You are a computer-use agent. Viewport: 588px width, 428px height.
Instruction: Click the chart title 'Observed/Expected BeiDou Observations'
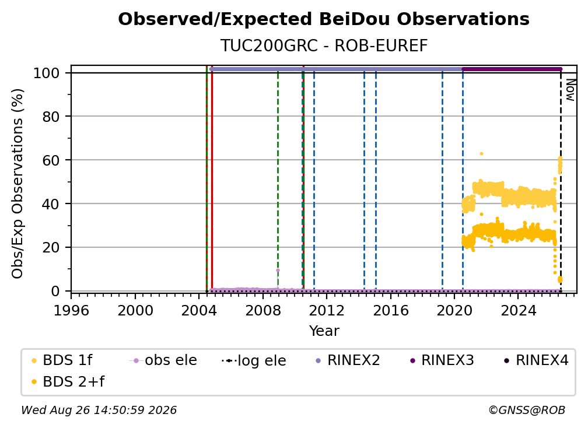[x=324, y=19]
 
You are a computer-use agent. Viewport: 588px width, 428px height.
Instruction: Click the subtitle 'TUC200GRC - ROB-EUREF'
[x=324, y=45]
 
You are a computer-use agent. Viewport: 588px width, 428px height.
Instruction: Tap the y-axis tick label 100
[x=47, y=73]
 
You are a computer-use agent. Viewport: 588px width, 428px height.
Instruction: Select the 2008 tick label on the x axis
[x=263, y=310]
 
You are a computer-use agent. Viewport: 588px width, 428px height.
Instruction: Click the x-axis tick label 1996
[x=71, y=310]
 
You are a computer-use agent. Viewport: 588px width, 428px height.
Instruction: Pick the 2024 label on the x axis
[x=518, y=310]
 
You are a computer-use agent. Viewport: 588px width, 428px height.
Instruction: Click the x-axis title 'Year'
[x=324, y=331]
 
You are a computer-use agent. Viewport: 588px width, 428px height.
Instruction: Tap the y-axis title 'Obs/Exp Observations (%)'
[x=17, y=184]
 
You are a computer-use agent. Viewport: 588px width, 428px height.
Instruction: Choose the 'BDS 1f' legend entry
[x=62, y=360]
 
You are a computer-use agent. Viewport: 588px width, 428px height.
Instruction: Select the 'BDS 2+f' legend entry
[x=68, y=381]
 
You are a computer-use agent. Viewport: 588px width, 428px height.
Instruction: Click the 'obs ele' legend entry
[x=163, y=360]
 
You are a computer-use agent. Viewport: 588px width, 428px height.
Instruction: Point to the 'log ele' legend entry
[x=254, y=360]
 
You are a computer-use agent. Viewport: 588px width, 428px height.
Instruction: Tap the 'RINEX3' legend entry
[x=442, y=360]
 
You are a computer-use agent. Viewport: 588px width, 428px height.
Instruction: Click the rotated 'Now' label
[x=570, y=90]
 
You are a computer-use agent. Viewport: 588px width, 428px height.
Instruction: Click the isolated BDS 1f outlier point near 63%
[x=481, y=154]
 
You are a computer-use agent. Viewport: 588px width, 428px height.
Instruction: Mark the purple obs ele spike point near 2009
[x=278, y=270]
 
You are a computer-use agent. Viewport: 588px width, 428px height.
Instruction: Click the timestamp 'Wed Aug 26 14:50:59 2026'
[x=99, y=410]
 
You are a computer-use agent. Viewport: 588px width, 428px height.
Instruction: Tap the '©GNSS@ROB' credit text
[x=527, y=410]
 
